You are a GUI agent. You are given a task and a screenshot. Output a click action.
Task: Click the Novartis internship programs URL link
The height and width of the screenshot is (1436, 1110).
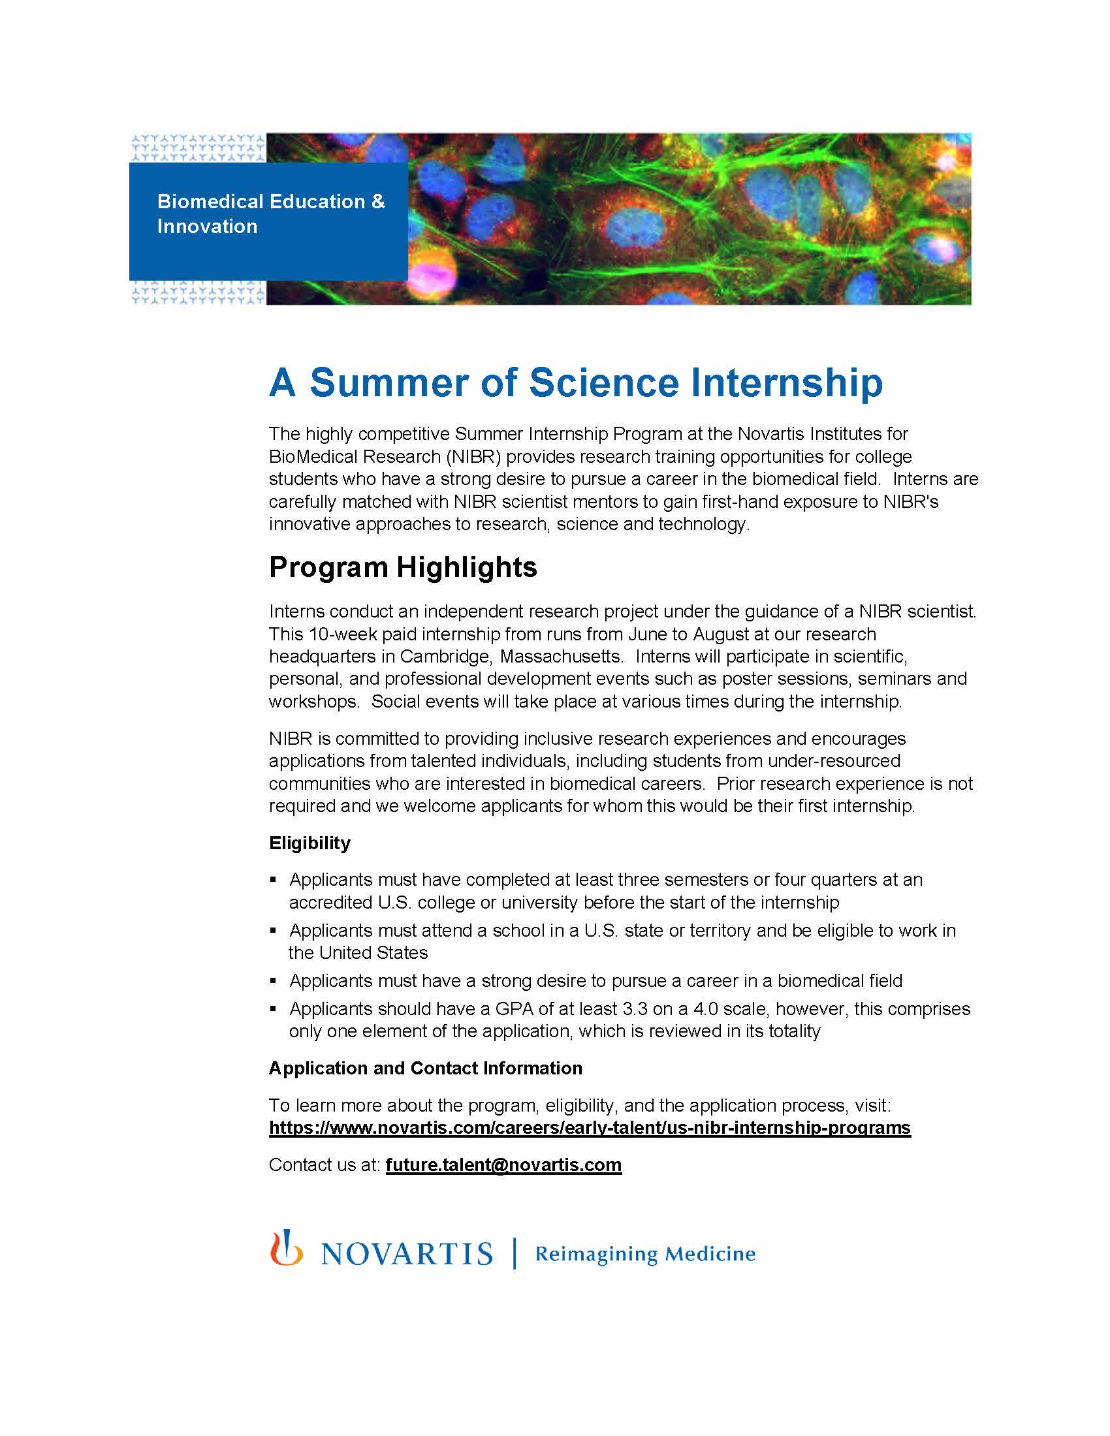point(589,1128)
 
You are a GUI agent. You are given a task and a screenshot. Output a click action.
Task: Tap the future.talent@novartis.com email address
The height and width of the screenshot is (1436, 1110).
point(503,1164)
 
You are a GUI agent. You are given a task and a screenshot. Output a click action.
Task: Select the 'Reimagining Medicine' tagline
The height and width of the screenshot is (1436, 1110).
point(644,1254)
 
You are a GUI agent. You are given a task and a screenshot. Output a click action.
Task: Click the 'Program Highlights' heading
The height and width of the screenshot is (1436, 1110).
point(402,567)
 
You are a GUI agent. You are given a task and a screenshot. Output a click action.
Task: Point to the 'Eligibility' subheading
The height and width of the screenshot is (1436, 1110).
point(309,843)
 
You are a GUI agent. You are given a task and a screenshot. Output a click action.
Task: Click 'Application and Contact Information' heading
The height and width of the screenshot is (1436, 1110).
point(426,1068)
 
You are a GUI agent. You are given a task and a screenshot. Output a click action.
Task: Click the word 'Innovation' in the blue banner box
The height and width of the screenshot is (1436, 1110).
point(207,226)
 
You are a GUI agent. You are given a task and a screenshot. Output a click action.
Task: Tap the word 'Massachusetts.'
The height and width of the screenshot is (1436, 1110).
point(561,657)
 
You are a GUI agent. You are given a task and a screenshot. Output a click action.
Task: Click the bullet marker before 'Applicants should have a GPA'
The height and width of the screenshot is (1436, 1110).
point(274,1008)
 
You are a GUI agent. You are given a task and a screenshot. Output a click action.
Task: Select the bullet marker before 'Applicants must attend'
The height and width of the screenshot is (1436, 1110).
point(274,930)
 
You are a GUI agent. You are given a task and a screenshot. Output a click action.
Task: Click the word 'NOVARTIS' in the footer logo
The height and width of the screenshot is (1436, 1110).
point(406,1255)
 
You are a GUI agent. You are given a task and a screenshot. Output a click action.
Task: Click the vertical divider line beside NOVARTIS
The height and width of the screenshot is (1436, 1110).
point(515,1253)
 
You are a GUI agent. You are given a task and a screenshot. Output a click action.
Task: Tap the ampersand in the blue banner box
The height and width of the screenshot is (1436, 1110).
point(378,201)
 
